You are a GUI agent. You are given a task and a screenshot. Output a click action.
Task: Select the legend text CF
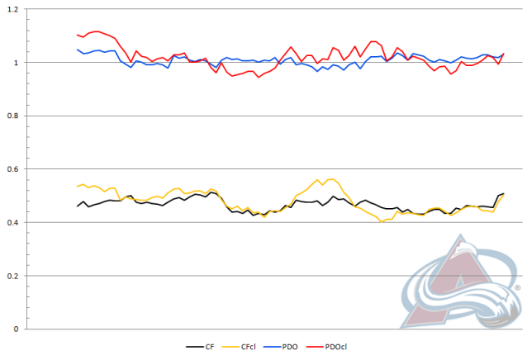point(211,348)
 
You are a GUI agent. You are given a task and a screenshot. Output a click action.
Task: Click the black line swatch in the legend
point(195,348)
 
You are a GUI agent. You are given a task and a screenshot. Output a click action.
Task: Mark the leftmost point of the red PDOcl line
point(78,35)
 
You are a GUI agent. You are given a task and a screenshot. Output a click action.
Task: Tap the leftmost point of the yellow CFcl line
point(78,186)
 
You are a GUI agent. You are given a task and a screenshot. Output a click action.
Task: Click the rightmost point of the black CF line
point(504,193)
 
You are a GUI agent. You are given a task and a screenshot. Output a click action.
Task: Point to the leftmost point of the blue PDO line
point(78,50)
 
